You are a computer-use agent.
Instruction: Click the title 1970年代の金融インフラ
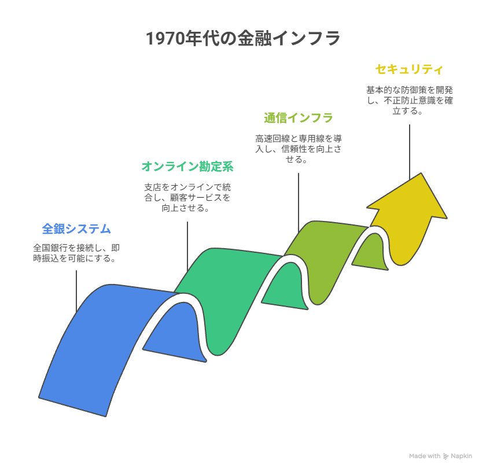coord(243,38)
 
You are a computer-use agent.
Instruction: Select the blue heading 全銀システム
coord(76,228)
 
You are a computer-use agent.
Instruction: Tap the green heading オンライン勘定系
coord(187,167)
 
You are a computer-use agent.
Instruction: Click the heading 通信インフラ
coord(299,118)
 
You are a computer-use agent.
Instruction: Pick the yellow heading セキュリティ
coord(410,69)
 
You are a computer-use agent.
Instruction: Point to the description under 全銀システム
coord(76,253)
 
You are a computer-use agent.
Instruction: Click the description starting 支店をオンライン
coord(187,197)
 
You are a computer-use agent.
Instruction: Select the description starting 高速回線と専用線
coord(299,149)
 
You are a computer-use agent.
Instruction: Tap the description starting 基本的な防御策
coord(410,100)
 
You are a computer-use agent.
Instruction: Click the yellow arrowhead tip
coord(421,173)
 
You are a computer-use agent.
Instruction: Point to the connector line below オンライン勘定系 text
coord(187,246)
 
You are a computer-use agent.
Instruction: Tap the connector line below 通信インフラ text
coord(299,203)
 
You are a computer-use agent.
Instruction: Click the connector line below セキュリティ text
coord(410,152)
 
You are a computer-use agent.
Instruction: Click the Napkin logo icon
coord(446,456)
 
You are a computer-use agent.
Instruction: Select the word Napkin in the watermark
coord(461,456)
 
